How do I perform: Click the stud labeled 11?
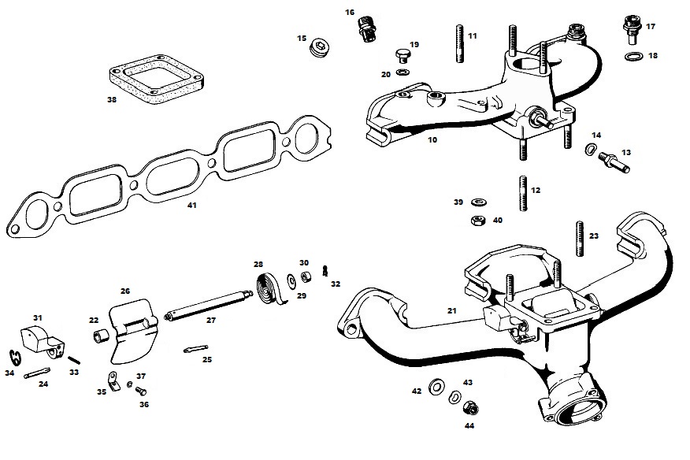pyautogui.click(x=460, y=43)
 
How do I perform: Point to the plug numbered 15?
pyautogui.click(x=321, y=47)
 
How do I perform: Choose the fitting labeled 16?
pyautogui.click(x=365, y=29)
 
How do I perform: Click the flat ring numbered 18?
pyautogui.click(x=632, y=57)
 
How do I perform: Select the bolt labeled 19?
pyautogui.click(x=402, y=57)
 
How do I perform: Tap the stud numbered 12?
pyautogui.click(x=523, y=193)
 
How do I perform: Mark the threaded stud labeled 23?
pyautogui.click(x=580, y=238)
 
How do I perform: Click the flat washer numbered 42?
pyautogui.click(x=436, y=387)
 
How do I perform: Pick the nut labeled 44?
pyautogui.click(x=471, y=408)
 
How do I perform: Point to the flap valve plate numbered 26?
pyautogui.click(x=132, y=330)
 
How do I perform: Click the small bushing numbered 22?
pyautogui.click(x=100, y=336)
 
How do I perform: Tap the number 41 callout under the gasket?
pyautogui.click(x=192, y=205)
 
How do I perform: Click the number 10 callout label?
pyautogui.click(x=432, y=140)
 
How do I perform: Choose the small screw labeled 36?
pyautogui.click(x=141, y=391)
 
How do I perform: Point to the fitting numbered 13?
pyautogui.click(x=614, y=161)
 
